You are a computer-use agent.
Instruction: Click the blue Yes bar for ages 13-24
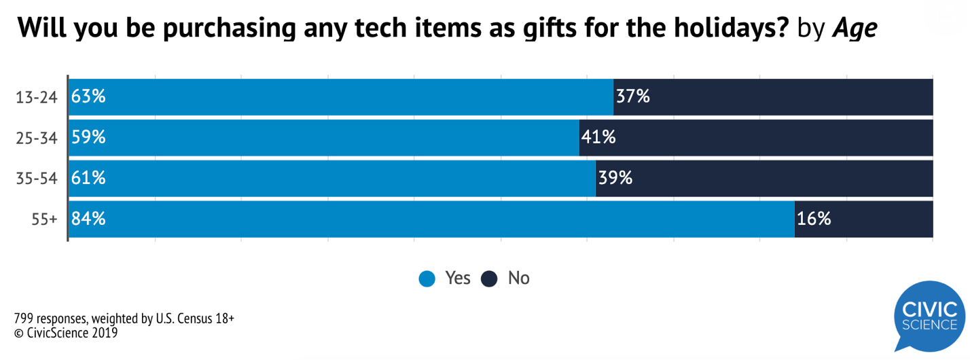340,97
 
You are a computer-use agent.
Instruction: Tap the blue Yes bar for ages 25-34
323,138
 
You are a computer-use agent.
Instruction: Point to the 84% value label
89,219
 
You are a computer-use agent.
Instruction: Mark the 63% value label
89,97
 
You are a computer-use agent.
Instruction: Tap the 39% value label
616,179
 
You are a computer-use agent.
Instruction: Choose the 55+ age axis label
45,219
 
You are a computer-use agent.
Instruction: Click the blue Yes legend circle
427,278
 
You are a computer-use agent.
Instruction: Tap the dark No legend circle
490,278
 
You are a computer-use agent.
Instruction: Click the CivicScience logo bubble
929,317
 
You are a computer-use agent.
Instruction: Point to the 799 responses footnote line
124,319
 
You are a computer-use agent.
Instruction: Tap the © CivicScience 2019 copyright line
66,333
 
